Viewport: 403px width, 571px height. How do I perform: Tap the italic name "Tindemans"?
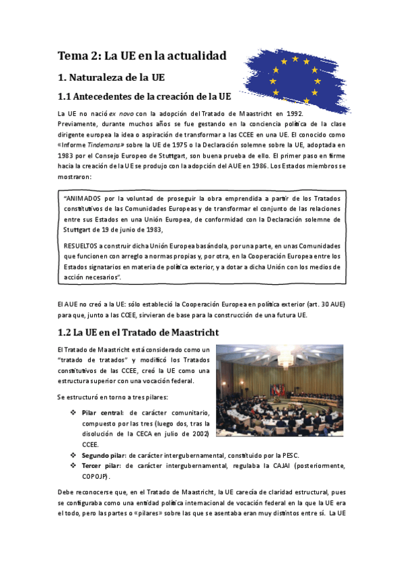[102, 143]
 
